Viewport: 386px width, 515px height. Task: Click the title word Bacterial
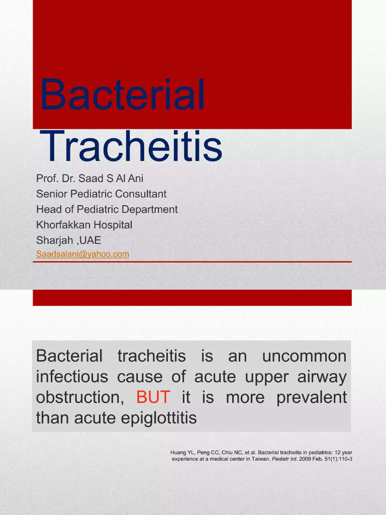click(x=122, y=96)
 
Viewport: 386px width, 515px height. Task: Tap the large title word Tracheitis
click(x=131, y=146)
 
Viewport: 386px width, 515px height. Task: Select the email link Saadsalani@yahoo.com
click(x=82, y=254)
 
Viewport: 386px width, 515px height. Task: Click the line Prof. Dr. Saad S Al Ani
click(x=89, y=179)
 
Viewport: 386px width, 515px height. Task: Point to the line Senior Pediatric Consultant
click(x=101, y=194)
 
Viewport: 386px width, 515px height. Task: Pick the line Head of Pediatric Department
click(x=107, y=209)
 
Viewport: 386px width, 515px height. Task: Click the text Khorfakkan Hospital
click(x=84, y=225)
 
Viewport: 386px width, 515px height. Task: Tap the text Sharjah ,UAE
click(x=68, y=240)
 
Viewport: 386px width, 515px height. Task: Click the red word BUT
click(x=153, y=397)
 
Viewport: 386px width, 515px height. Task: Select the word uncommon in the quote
click(x=304, y=357)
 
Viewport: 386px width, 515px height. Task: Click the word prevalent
click(x=312, y=397)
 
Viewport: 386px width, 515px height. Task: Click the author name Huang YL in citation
click(x=181, y=453)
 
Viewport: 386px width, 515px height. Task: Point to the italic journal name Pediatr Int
click(x=285, y=459)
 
